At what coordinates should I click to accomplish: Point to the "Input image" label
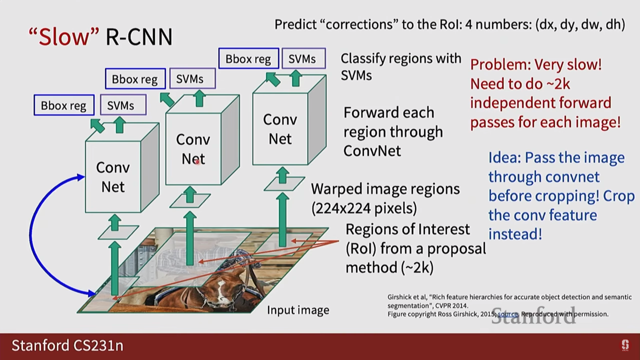(x=298, y=310)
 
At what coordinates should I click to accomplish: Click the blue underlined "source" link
(x=508, y=314)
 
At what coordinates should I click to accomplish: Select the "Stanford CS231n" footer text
(x=67, y=346)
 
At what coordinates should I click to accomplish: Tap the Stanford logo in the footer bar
(x=625, y=345)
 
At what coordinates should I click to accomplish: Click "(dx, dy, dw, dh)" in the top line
(x=580, y=25)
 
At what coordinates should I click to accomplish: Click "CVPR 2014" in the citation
(x=451, y=306)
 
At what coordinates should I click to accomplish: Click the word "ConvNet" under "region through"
(x=372, y=151)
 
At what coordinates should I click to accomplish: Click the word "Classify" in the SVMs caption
(x=363, y=59)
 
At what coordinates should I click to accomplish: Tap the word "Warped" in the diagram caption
(x=337, y=189)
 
